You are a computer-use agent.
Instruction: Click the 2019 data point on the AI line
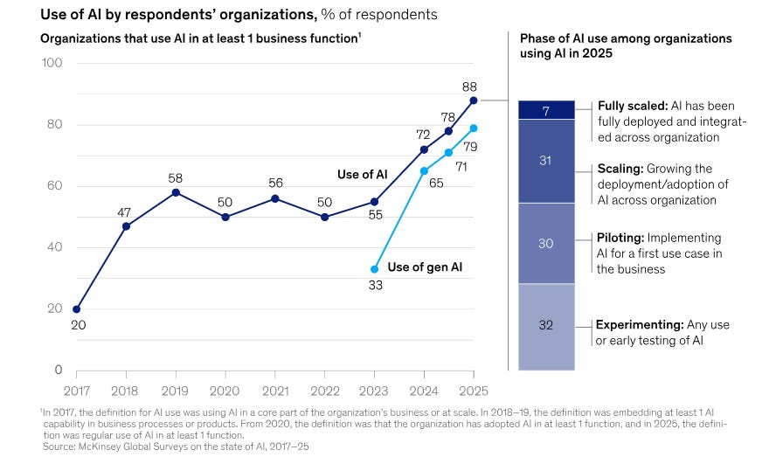[176, 192]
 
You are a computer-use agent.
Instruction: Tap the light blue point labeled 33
[375, 269]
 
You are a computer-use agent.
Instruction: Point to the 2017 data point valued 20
[77, 308]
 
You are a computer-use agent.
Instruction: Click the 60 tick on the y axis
[53, 186]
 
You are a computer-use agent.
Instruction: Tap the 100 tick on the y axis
[50, 64]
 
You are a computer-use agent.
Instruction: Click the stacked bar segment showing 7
[546, 110]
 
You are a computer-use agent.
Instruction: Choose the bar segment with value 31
[546, 161]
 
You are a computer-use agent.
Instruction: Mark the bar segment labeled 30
[546, 244]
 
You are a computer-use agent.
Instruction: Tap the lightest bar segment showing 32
[546, 325]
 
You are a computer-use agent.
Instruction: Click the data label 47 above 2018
[126, 212]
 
